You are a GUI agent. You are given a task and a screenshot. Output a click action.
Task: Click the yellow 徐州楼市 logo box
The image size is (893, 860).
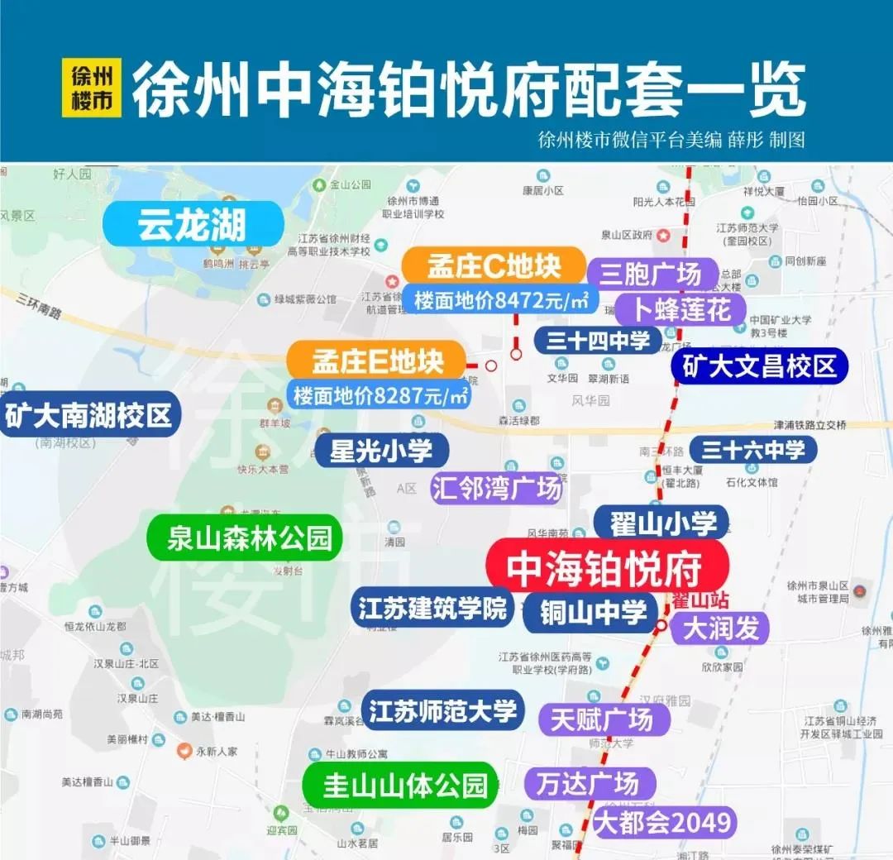[x=92, y=88]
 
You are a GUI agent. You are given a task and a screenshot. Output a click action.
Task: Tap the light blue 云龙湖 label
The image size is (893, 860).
[x=193, y=224]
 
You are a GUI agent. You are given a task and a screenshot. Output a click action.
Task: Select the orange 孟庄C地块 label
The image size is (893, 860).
[x=494, y=265]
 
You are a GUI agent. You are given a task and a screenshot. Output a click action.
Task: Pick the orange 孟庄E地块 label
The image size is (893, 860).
[x=377, y=361]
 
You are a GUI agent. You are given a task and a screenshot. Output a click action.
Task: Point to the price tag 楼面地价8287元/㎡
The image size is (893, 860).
[x=380, y=395]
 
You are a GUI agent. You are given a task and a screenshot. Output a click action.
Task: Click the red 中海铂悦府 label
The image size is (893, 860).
[x=607, y=568]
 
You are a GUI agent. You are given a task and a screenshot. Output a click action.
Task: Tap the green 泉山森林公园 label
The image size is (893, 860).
[x=244, y=538]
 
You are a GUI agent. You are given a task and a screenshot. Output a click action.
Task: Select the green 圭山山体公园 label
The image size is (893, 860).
[x=404, y=785]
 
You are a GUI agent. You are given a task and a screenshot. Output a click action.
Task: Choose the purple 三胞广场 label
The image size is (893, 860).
[x=644, y=274]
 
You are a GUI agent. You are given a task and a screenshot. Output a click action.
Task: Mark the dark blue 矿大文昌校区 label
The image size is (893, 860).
[x=760, y=365]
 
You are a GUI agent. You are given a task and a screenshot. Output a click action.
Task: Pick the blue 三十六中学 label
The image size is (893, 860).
[x=752, y=450]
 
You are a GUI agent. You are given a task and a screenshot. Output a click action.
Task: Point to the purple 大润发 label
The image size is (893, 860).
[x=720, y=628]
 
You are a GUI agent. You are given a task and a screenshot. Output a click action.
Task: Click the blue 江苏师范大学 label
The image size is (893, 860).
[x=442, y=710]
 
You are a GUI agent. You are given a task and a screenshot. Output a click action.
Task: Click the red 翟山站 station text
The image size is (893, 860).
[x=690, y=597]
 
